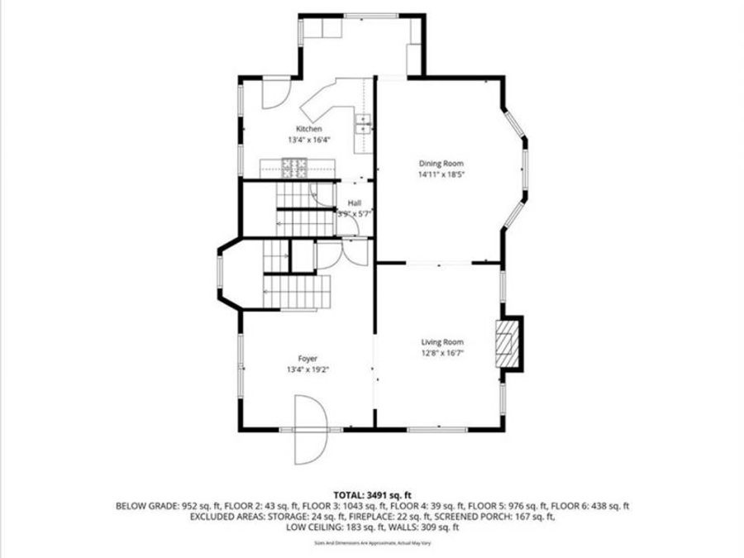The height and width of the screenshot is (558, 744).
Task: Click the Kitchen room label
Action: click(x=309, y=129)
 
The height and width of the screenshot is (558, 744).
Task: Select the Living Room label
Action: click(x=442, y=341)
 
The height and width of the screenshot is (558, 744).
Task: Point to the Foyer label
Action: click(x=308, y=358)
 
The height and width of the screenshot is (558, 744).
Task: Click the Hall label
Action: click(x=354, y=203)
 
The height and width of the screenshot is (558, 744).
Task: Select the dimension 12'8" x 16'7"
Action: click(x=442, y=352)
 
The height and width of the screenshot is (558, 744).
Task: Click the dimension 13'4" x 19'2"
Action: click(x=308, y=369)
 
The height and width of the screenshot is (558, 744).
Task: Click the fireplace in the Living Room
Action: click(x=507, y=343)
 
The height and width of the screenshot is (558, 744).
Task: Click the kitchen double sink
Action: click(x=363, y=124)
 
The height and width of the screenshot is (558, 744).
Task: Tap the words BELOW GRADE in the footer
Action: click(x=142, y=505)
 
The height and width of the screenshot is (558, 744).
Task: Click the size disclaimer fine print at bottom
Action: click(x=371, y=543)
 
